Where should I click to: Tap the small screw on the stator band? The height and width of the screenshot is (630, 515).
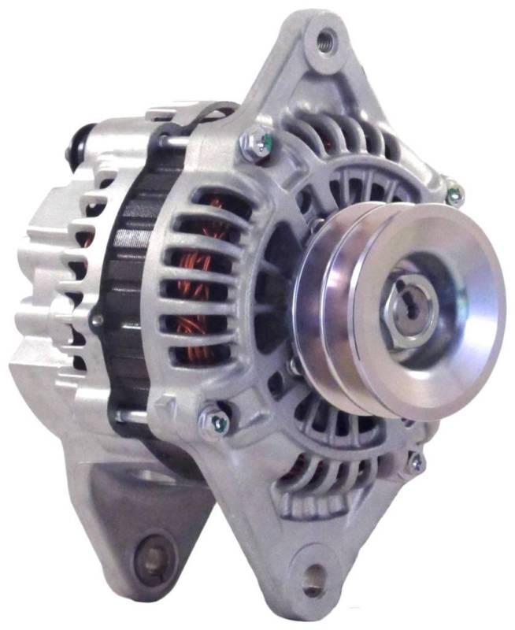pyautogui.click(x=98, y=320)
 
